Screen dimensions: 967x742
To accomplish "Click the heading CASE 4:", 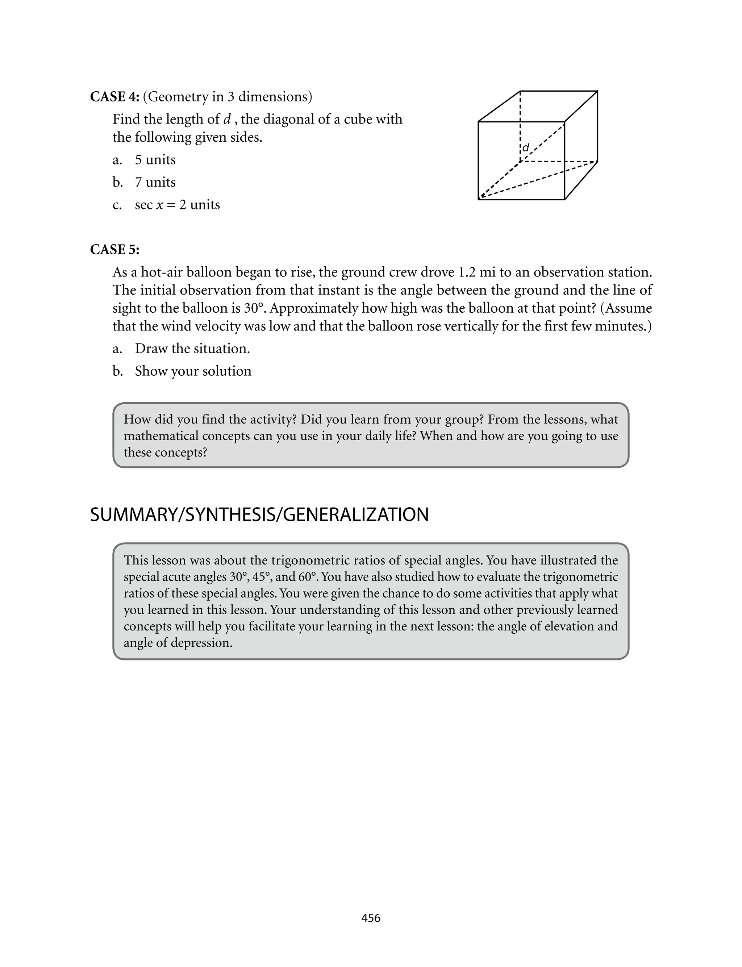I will [114, 97].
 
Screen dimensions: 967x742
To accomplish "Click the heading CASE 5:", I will [114, 250].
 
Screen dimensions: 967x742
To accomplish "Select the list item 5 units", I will [155, 160].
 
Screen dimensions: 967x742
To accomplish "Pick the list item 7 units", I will [155, 182].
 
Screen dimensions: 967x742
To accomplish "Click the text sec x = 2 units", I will [177, 205].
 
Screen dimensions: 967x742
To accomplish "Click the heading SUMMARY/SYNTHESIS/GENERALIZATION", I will [259, 515].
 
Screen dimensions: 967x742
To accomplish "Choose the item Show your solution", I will [193, 371].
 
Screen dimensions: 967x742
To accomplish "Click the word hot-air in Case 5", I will [163, 272].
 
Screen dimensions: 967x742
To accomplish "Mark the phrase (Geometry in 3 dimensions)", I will [228, 97].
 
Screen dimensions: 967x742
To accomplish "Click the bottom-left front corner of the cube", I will [479, 200].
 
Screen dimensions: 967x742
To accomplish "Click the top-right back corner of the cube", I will [597, 91].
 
